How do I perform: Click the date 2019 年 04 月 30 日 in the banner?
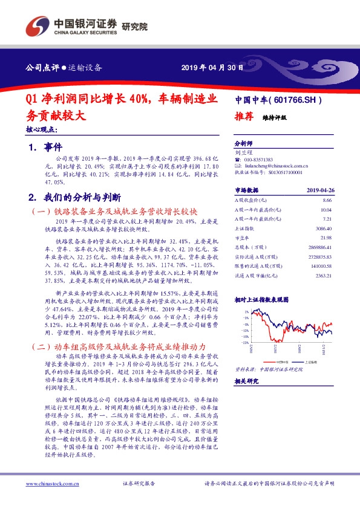(212, 67)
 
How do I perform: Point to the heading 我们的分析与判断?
(83, 197)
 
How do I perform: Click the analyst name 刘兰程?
(243, 154)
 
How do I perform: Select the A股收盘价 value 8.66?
(327, 199)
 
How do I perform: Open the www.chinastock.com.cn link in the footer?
(51, 484)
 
